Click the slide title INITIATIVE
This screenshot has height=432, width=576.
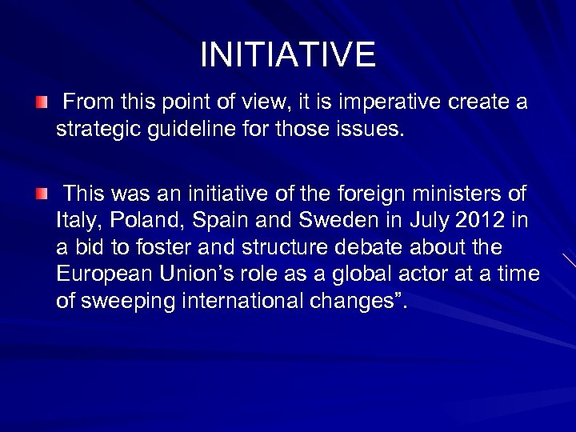(287, 54)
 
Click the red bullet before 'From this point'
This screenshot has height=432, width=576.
(42, 103)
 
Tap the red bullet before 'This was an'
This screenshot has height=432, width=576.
(42, 193)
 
